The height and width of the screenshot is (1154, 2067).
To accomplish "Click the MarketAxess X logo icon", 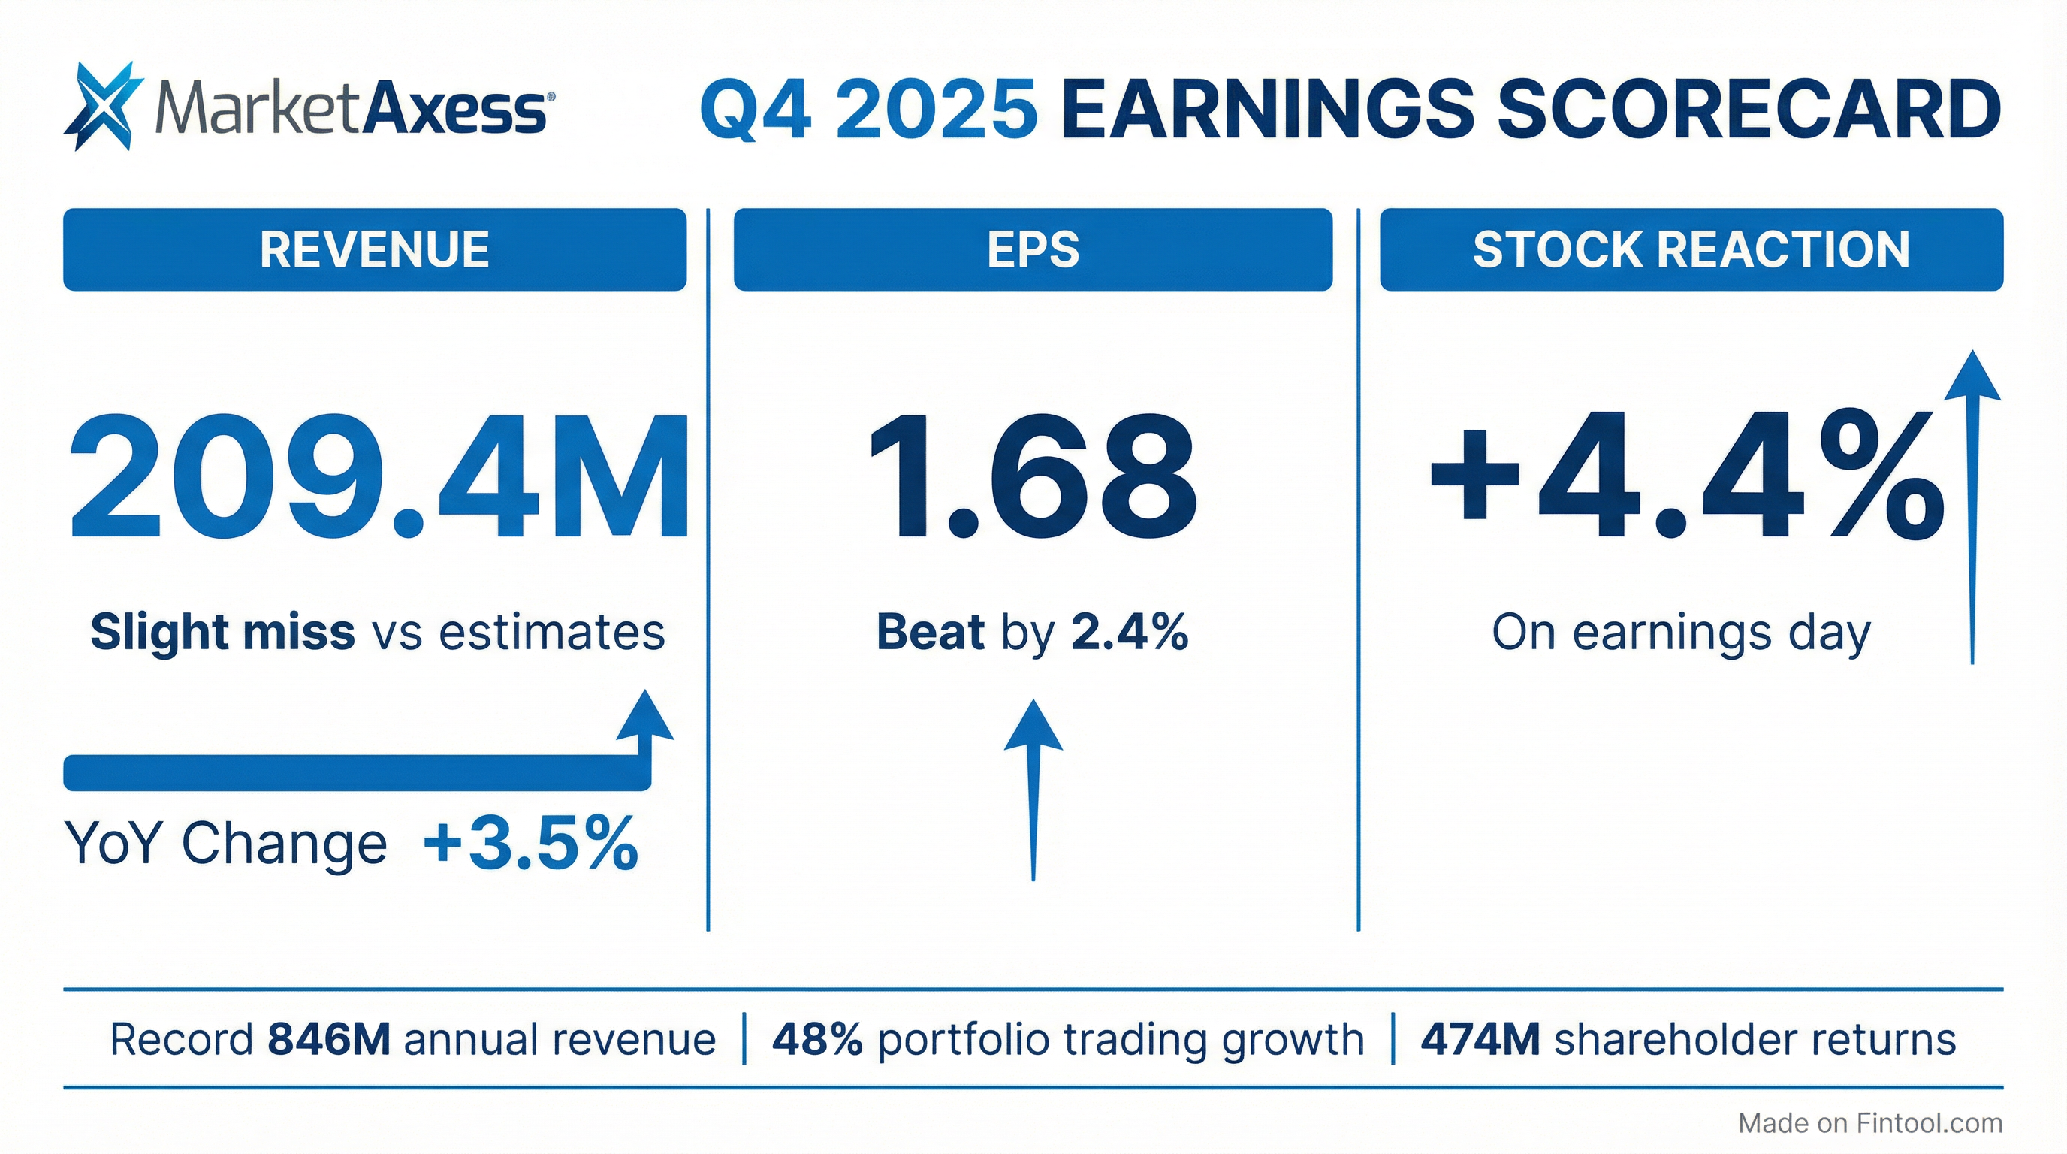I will click(103, 106).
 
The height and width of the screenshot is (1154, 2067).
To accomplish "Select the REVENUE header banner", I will click(375, 249).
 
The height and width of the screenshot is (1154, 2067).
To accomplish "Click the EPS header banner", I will click(1033, 249).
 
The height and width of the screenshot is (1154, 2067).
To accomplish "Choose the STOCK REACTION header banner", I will click(1691, 249).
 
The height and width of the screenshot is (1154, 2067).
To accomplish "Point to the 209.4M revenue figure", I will click(379, 478).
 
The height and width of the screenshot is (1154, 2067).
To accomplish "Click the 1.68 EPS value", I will click(1033, 478).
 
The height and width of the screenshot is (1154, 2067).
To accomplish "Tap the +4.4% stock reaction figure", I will click(1685, 478).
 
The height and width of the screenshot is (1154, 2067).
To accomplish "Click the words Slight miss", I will click(222, 633).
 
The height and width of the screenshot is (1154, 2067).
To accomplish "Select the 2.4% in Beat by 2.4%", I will click(1129, 633).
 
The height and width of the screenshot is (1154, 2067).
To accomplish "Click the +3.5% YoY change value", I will click(531, 844).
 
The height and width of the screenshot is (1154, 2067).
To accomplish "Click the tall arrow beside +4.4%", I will click(1973, 514).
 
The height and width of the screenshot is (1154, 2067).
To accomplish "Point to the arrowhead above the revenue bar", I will click(645, 717).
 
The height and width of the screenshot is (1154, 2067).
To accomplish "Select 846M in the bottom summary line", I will click(329, 1040).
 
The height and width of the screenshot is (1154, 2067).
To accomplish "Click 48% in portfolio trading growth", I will click(817, 1040).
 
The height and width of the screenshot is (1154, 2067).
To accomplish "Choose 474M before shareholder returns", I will click(1480, 1040).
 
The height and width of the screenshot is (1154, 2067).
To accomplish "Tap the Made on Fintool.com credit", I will click(1869, 1123).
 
